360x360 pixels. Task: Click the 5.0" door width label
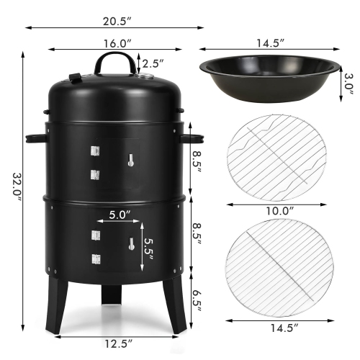pos(118,214)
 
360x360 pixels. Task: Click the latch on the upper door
pos(132,160)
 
